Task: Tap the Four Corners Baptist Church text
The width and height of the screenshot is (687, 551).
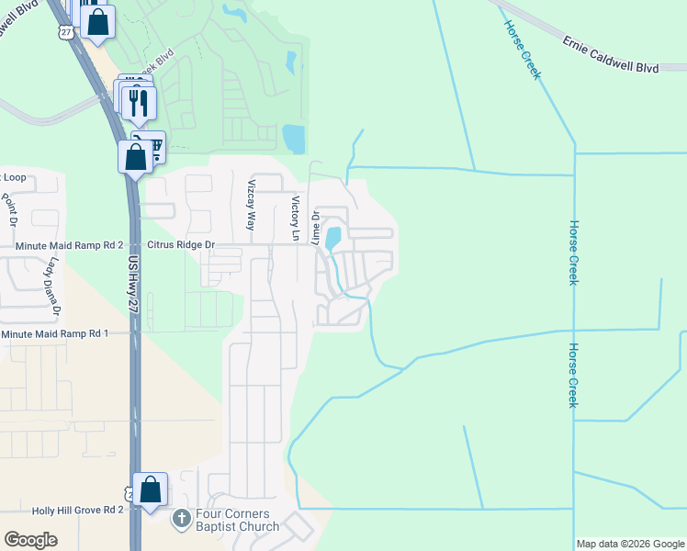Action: [x=236, y=521]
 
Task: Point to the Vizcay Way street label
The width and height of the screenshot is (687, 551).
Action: [x=251, y=205]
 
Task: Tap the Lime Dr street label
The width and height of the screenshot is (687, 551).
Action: [x=315, y=227]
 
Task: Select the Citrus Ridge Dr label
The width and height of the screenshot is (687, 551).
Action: [x=183, y=245]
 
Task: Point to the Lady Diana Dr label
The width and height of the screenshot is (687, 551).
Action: [x=55, y=288]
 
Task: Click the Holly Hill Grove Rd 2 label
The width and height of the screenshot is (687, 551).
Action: [x=62, y=509]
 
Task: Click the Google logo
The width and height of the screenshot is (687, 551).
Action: [x=31, y=540]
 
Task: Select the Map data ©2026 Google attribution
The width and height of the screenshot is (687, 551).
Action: [x=630, y=544]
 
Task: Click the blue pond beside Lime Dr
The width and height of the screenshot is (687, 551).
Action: [x=333, y=238]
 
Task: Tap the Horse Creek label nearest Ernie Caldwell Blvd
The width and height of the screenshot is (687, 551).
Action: [x=521, y=50]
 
